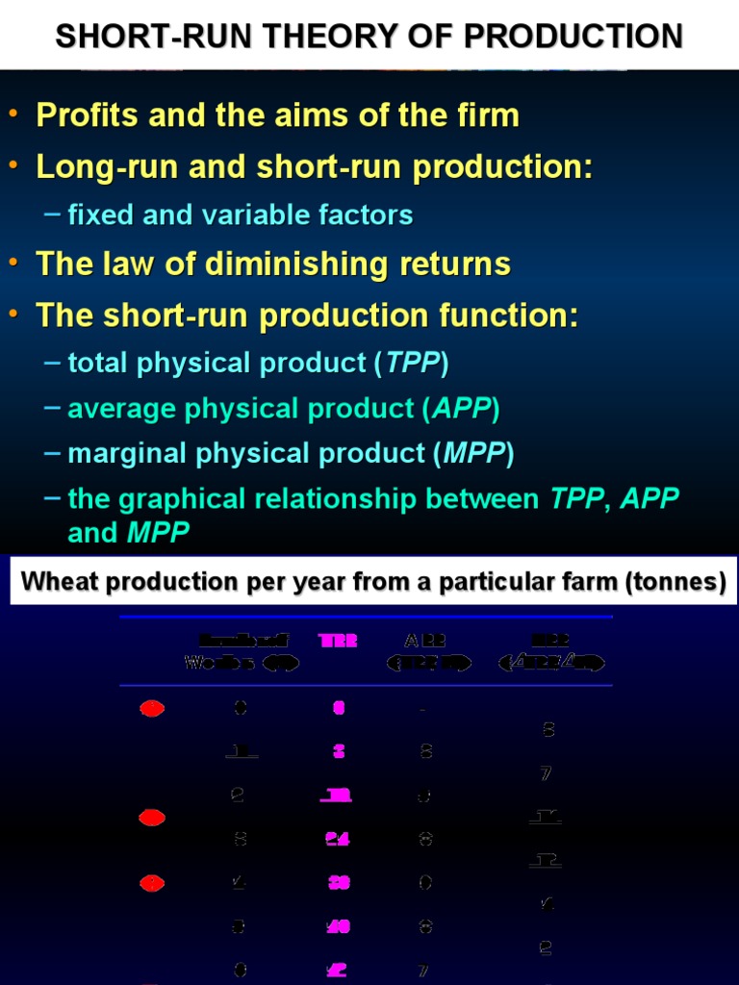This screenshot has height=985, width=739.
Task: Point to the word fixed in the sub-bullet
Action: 101,215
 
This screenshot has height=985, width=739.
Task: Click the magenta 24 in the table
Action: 337,839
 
